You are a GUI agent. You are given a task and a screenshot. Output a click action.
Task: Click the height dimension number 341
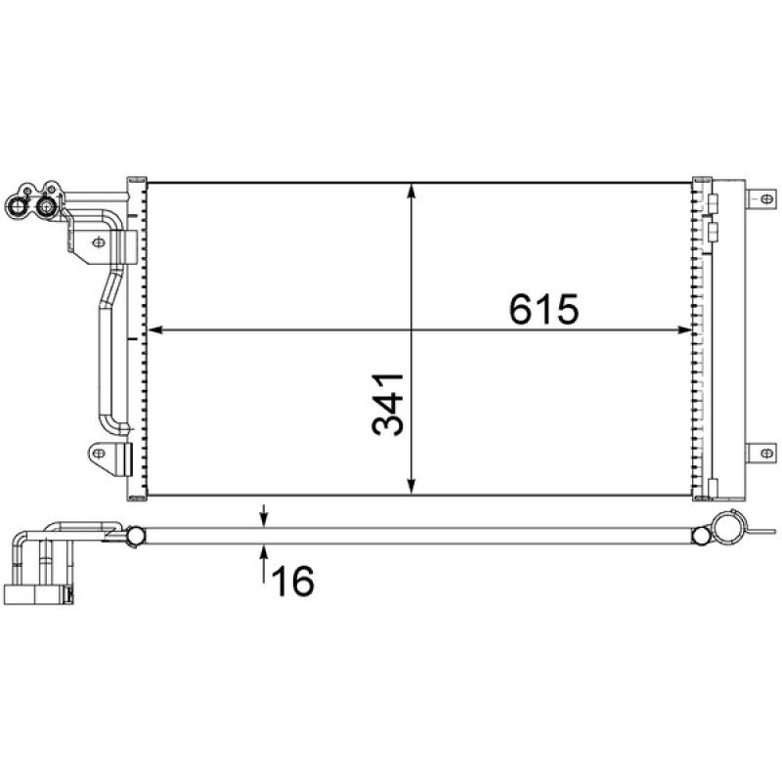(387, 404)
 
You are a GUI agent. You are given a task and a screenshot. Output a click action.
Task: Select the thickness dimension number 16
(290, 582)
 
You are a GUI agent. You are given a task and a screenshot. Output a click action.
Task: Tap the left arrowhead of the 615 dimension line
(152, 330)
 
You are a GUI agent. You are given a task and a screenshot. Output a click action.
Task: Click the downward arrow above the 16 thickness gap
(264, 519)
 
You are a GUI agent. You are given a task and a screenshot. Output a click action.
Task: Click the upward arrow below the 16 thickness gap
(264, 554)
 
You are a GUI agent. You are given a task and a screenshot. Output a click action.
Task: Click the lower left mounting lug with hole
(100, 453)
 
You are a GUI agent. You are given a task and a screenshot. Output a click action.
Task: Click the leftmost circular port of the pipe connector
(17, 206)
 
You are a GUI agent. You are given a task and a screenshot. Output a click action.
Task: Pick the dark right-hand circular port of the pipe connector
(45, 206)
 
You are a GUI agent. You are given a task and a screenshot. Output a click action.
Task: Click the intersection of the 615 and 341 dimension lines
(413, 330)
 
